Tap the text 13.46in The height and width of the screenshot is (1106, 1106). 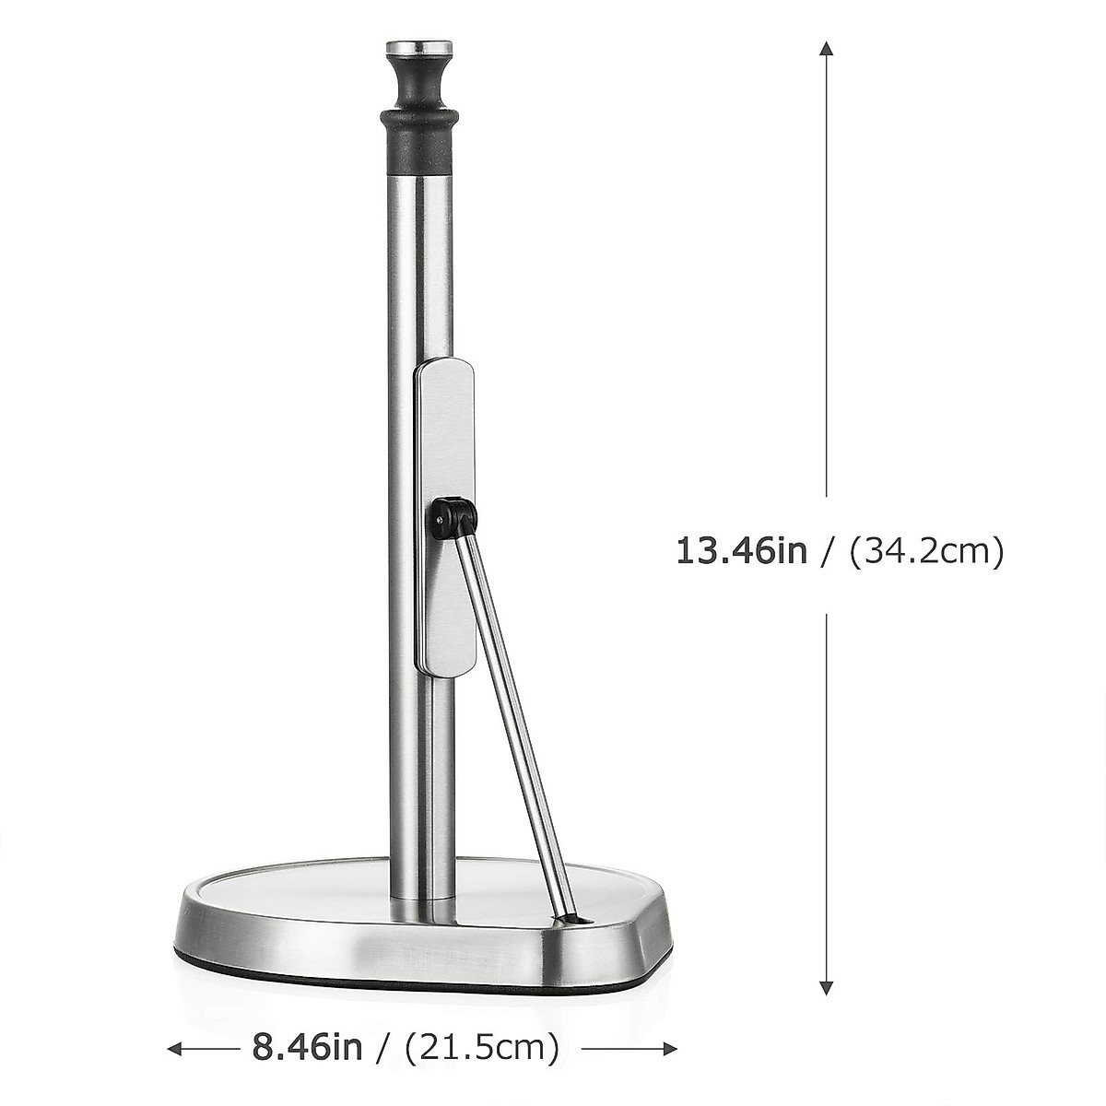pyautogui.click(x=742, y=551)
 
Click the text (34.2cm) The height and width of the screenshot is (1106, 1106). pyautogui.click(x=926, y=551)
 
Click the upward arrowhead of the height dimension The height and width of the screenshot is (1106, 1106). pyautogui.click(x=827, y=48)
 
